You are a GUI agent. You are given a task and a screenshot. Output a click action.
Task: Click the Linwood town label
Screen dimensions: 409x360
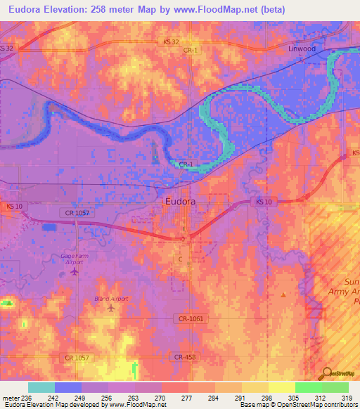pyautogui.click(x=303, y=49)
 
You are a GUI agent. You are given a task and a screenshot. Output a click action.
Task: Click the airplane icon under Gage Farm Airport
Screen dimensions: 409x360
pyautogui.click(x=76, y=271)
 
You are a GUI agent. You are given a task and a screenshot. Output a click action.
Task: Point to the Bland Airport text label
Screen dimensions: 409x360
pyautogui.click(x=111, y=299)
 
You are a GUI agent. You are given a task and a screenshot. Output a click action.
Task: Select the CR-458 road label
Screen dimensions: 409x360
pyautogui.click(x=186, y=357)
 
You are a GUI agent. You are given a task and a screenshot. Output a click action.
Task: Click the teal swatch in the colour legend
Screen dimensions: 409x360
pyautogui.click(x=41, y=387)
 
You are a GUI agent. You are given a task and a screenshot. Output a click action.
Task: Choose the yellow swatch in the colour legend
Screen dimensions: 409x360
pyautogui.click(x=281, y=387)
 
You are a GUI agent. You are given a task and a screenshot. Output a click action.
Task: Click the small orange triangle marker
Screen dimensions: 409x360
pyautogui.click(x=283, y=295)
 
